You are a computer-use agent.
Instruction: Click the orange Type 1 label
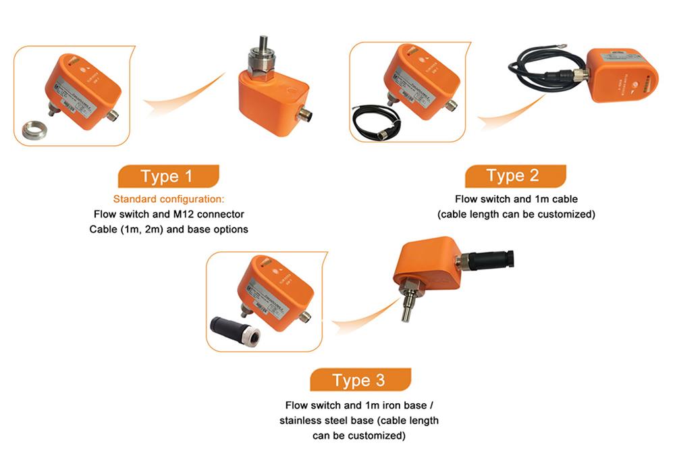tap(167, 176)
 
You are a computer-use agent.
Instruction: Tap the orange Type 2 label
tap(514, 176)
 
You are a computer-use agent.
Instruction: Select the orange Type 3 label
tap(359, 380)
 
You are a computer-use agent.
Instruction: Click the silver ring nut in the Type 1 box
tap(34, 130)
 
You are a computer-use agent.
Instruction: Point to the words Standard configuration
tap(168, 199)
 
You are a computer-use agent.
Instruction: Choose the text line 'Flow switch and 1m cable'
tap(516, 199)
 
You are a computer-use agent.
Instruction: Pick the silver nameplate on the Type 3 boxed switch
tap(269, 296)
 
